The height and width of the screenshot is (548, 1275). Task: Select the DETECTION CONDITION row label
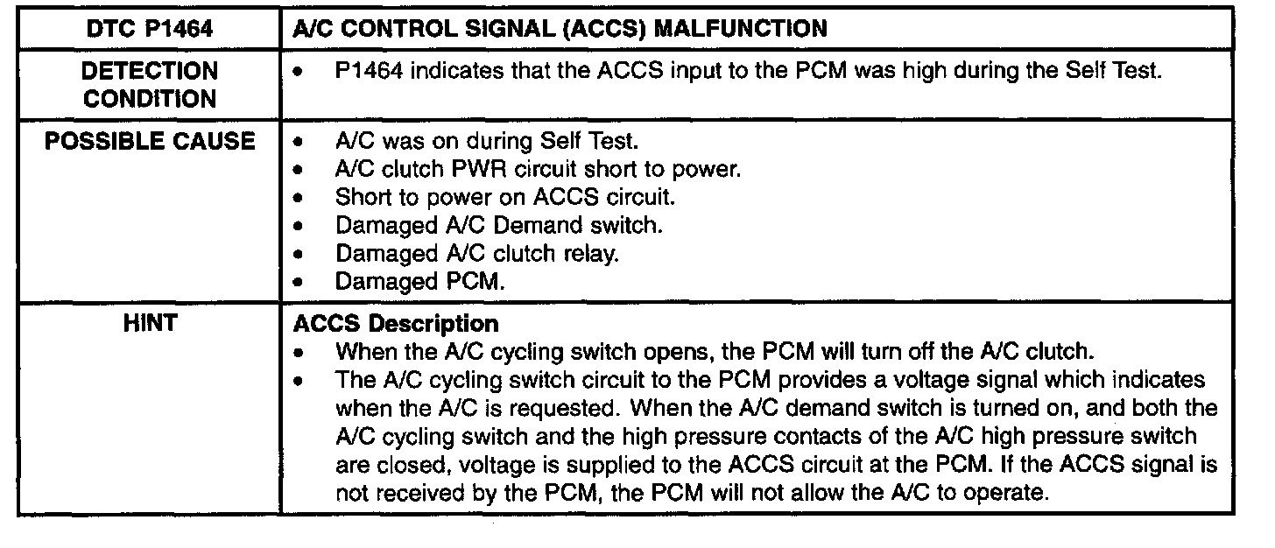click(150, 84)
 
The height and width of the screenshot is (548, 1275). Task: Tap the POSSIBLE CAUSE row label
click(150, 141)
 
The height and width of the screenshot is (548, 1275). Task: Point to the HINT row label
click(150, 323)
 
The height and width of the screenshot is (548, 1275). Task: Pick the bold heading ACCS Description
click(397, 323)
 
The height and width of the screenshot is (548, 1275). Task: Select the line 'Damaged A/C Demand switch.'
click(499, 225)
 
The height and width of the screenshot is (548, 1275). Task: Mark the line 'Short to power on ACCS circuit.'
click(505, 197)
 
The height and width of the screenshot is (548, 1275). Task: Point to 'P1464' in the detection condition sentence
click(370, 71)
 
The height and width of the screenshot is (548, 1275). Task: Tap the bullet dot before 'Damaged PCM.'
click(301, 282)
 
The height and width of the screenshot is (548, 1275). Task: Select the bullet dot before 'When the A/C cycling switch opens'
click(301, 354)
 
